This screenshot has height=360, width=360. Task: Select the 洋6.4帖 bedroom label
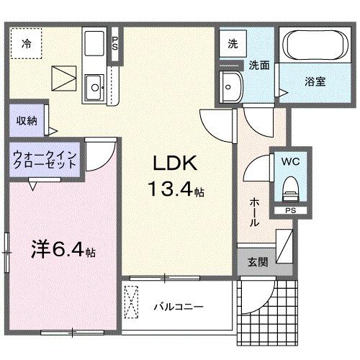click(63, 252)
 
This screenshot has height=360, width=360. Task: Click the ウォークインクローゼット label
click(43, 159)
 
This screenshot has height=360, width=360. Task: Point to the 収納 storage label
click(28, 120)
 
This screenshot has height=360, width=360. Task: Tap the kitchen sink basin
click(94, 91)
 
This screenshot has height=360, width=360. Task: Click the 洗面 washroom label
click(259, 64)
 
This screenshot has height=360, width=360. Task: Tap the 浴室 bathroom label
click(315, 81)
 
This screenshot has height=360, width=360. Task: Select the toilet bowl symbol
click(290, 189)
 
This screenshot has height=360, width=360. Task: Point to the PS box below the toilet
click(290, 211)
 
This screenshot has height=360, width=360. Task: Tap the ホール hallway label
click(254, 213)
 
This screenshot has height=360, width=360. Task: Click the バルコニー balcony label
click(178, 306)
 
